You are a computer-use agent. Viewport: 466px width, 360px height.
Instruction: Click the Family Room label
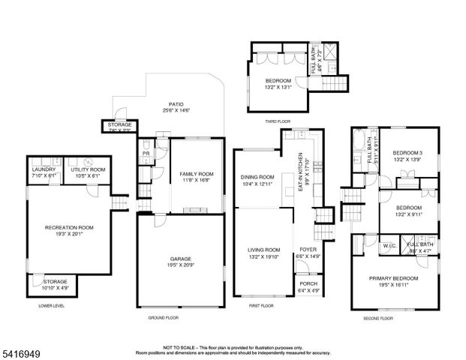(197, 174)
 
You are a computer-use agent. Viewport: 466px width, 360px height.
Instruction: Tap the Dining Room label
(257, 177)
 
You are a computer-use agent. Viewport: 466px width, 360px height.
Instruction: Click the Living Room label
(264, 250)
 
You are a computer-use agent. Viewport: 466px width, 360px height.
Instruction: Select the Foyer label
(308, 250)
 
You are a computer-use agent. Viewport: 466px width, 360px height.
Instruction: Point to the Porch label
(308, 283)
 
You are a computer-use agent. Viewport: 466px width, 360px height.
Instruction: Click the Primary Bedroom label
(393, 278)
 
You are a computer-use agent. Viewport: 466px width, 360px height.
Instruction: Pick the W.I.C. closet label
(389, 244)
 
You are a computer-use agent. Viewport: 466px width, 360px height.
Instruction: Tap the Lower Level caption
(53, 306)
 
